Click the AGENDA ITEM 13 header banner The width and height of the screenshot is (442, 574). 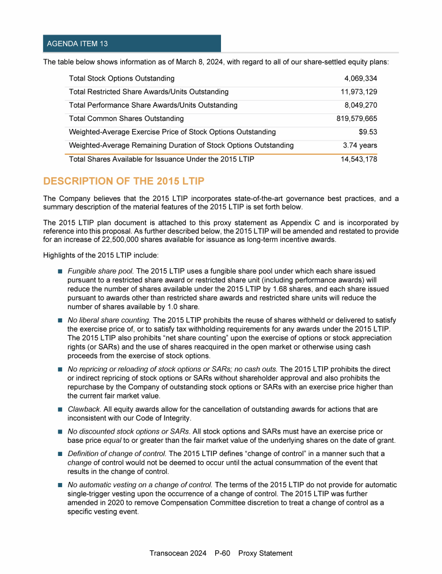[132, 44]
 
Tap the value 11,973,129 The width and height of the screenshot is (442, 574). [359, 92]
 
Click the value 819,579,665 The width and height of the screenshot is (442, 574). [357, 119]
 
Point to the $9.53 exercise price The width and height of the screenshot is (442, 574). [368, 132]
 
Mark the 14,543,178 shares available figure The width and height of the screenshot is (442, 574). [359, 159]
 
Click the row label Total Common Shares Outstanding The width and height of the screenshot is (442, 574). [126, 119]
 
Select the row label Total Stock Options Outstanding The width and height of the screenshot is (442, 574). [121, 78]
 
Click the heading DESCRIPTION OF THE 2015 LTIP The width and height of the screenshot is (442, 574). [124, 181]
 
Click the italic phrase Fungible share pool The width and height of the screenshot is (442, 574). [101, 271]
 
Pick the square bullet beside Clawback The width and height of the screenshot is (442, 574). [59, 409]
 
